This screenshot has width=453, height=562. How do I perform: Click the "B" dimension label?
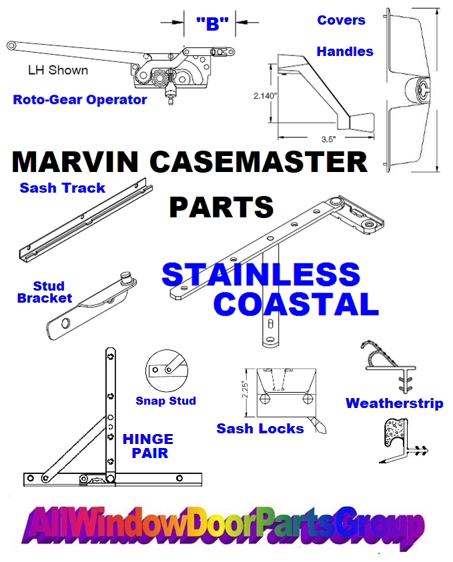[212, 24]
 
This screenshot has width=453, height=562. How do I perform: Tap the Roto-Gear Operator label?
[80, 100]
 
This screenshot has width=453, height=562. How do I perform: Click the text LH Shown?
[57, 69]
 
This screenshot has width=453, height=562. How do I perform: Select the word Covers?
[341, 20]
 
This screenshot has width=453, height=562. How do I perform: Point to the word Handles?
[345, 51]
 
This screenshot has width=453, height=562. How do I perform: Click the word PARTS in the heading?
[221, 207]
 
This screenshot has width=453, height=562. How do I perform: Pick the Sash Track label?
[63, 188]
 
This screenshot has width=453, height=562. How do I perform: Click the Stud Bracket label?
[45, 292]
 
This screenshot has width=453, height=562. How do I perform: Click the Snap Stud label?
[165, 401]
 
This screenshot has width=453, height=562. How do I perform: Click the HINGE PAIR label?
[148, 446]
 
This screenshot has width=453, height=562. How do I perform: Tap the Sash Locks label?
[260, 429]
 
